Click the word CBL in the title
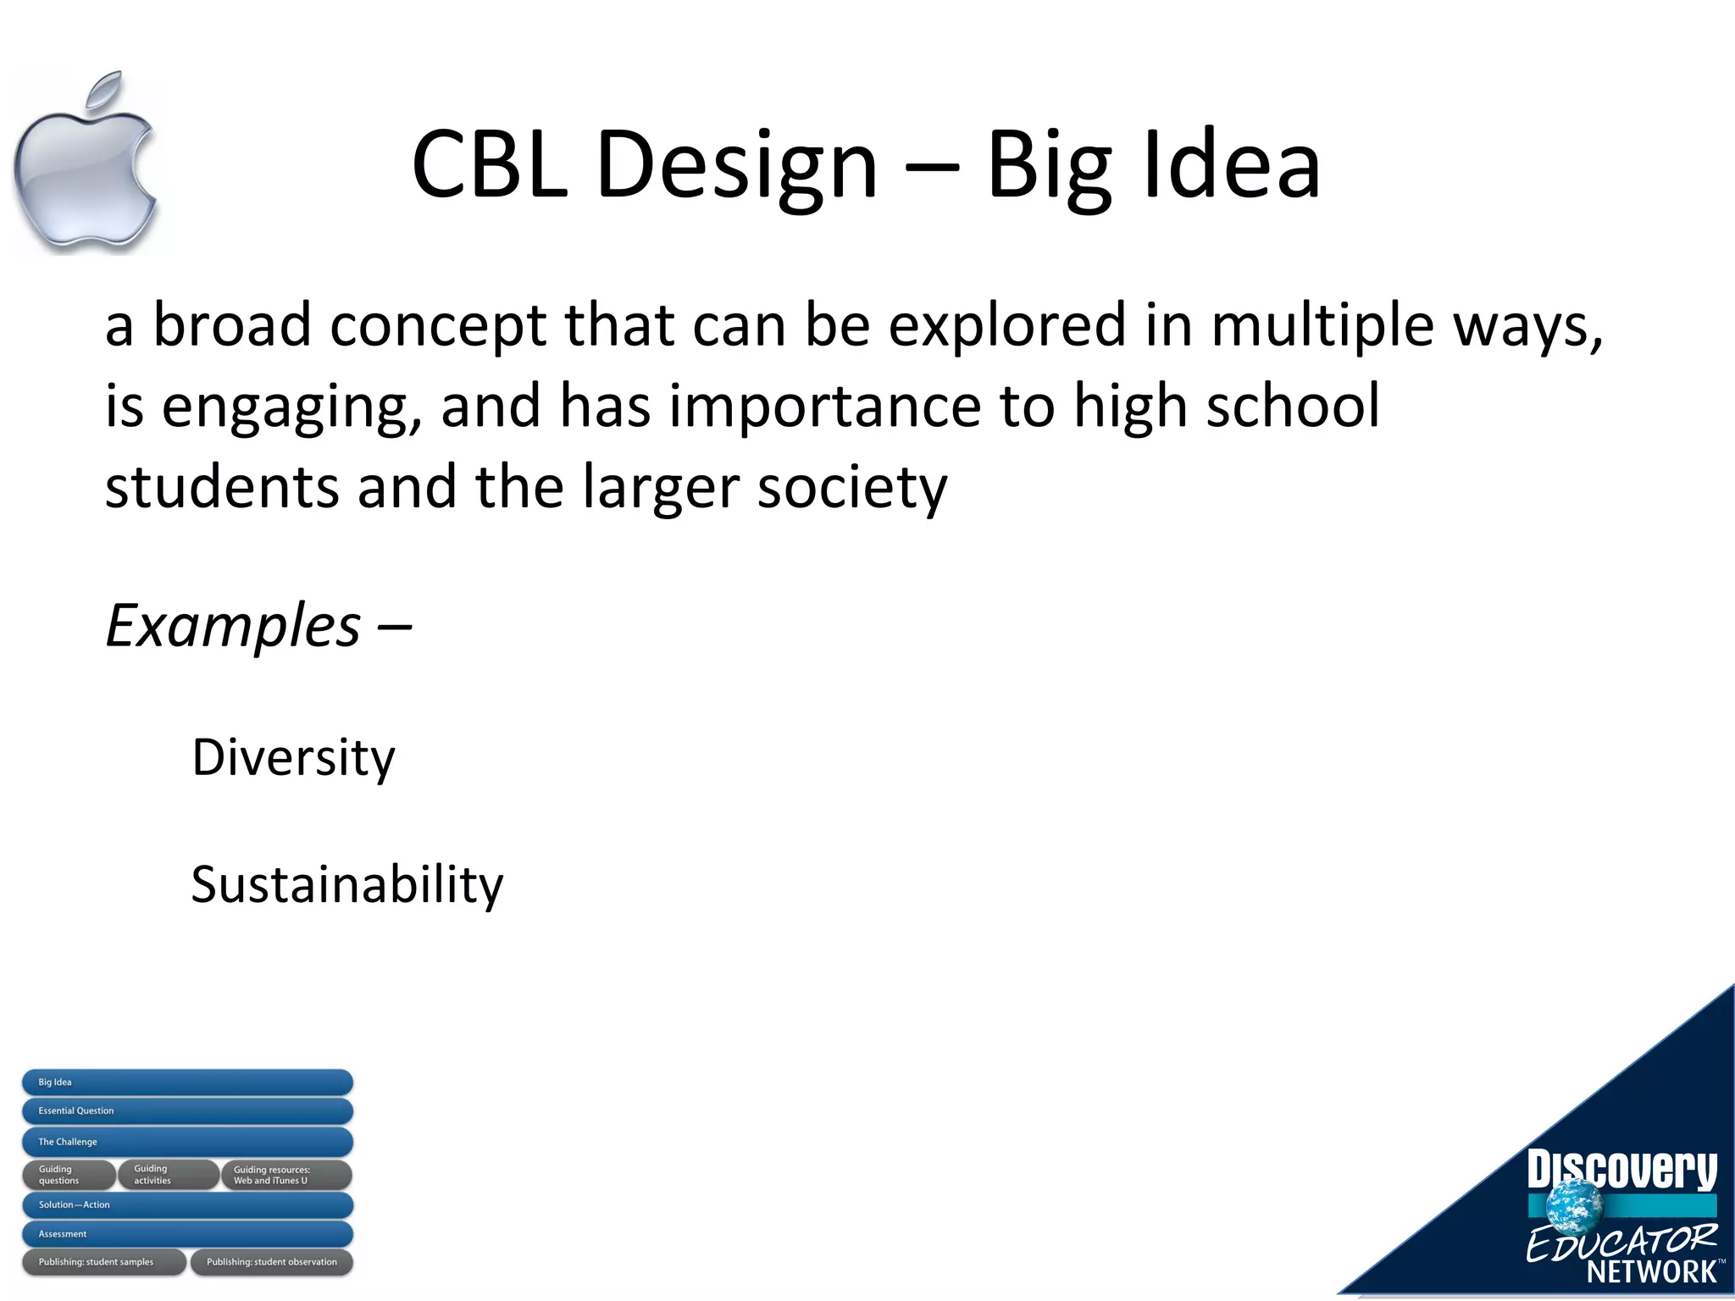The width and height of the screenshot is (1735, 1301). point(489,164)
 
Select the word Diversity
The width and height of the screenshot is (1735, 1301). point(293,757)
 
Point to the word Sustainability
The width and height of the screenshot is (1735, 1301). point(346,885)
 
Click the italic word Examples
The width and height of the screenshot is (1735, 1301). point(234,626)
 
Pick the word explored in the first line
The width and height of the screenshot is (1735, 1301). point(1006,325)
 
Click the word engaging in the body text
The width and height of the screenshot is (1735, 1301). point(291,407)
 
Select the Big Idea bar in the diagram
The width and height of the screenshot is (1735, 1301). point(187,1082)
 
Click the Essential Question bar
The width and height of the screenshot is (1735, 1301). point(187,1111)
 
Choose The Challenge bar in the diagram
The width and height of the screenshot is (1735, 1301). point(187,1142)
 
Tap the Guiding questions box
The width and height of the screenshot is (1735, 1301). point(68,1175)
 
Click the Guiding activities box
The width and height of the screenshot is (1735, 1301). point(167,1175)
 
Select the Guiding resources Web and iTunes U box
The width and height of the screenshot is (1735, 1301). point(286,1175)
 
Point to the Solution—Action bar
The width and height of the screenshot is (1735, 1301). point(187,1204)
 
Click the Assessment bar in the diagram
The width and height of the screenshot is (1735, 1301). point(187,1234)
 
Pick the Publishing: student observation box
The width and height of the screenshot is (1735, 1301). point(271,1262)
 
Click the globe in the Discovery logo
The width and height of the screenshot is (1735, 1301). point(1575,1206)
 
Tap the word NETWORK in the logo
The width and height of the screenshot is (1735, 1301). point(1651,1271)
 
